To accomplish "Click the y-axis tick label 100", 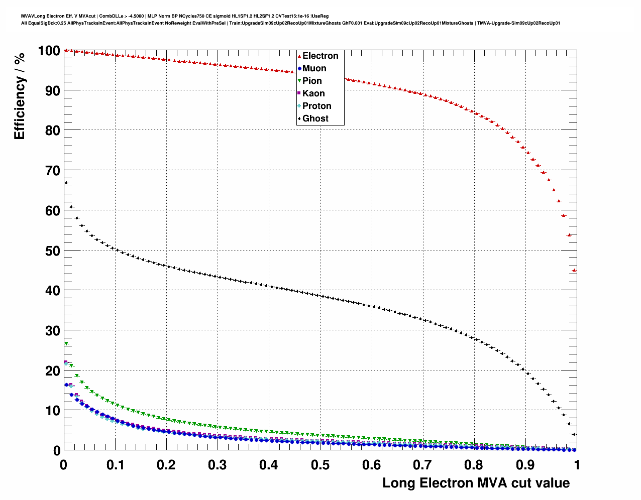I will (x=49, y=51).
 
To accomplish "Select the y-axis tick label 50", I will (x=52, y=251).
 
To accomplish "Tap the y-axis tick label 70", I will (x=52, y=171).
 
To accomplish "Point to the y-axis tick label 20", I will (x=52, y=371).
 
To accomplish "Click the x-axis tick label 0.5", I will (x=320, y=465).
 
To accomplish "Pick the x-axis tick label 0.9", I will (x=525, y=465).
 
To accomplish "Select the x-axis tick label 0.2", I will (x=166, y=465).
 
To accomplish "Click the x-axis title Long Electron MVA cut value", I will (x=476, y=483).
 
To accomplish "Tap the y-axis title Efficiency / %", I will (x=20, y=95).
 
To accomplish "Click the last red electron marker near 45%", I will (x=574, y=270).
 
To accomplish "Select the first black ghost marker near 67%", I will (x=66, y=183).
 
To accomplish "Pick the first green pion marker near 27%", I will (x=66, y=344).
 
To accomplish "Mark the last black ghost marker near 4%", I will (x=574, y=434).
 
